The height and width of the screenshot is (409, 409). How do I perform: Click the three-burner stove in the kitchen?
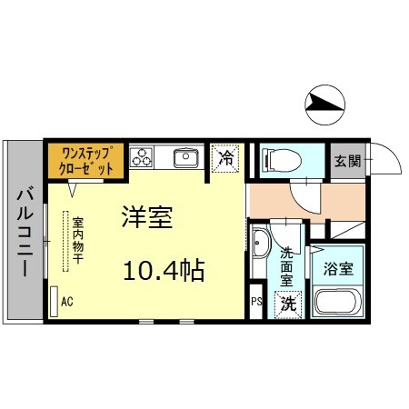(x=142, y=157)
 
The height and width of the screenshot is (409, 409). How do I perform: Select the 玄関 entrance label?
(x=346, y=162)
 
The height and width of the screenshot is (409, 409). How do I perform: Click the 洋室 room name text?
(x=148, y=218)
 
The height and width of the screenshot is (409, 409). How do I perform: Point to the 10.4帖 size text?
(x=164, y=270)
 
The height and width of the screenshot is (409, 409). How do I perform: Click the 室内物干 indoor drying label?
(x=78, y=241)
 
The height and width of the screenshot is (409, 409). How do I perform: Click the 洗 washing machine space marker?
(x=288, y=304)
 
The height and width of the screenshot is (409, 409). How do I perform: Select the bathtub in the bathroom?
(x=337, y=303)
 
